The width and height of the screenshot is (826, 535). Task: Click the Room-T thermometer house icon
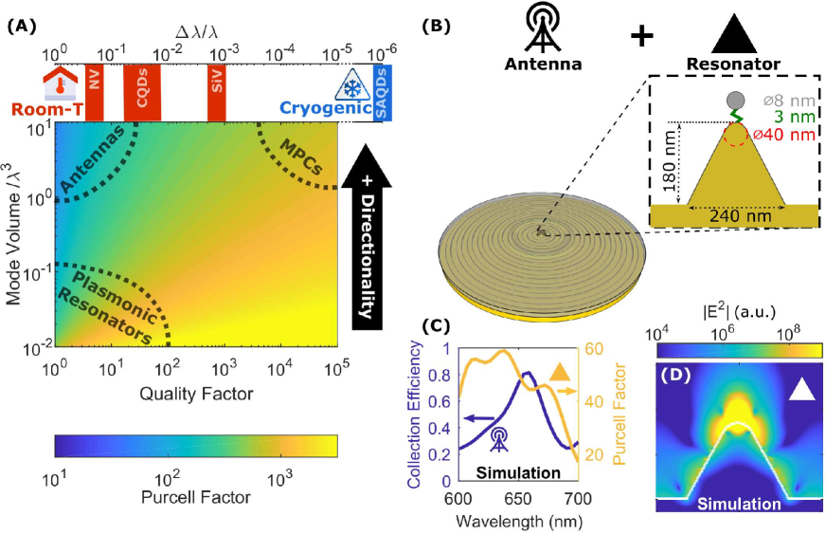pyautogui.click(x=63, y=83)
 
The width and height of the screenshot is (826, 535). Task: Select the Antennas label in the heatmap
pyautogui.click(x=95, y=161)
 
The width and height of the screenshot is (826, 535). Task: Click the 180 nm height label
pyautogui.click(x=671, y=162)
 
